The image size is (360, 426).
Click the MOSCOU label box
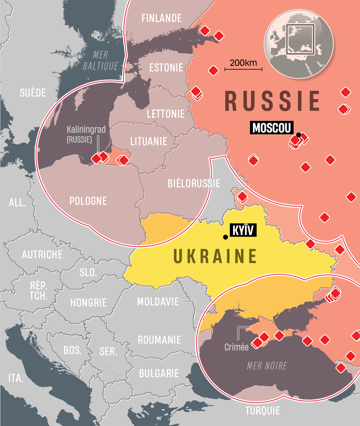271,128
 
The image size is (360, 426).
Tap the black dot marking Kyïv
225,237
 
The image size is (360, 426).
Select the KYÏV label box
243,230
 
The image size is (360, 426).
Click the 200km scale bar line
243,69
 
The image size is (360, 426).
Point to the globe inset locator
299,44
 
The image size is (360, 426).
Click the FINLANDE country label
161,18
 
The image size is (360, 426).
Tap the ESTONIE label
166,68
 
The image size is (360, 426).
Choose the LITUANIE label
149,142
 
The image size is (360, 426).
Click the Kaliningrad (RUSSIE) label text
86,134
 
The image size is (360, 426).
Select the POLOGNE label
88,201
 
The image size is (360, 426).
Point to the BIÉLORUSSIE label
194,184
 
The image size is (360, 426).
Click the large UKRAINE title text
215,257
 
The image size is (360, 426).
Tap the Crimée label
236,347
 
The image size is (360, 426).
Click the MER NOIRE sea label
267,366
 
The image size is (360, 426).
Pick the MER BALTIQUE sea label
100,60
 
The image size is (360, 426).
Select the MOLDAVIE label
158,302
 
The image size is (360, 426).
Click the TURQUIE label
262,411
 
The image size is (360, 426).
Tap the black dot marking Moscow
299,135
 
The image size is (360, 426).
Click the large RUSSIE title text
272,101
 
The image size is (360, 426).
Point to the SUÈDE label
33,93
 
